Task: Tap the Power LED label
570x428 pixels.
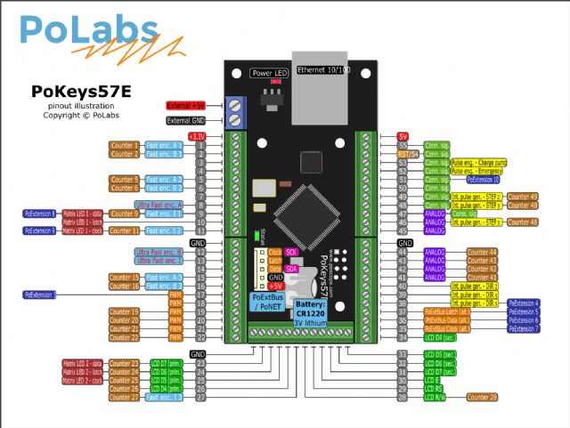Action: coord(268,72)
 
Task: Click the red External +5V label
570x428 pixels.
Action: coord(185,105)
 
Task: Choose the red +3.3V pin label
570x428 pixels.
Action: coord(198,135)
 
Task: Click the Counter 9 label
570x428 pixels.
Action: coord(125,214)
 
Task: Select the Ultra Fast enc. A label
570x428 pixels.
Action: coord(159,205)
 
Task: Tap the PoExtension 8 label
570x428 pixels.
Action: coord(40,214)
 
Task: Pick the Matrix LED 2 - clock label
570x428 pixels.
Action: coord(83,380)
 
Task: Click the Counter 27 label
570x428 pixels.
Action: coord(125,397)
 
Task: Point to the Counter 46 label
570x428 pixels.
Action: coord(522,222)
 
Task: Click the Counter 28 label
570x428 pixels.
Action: coord(482,397)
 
